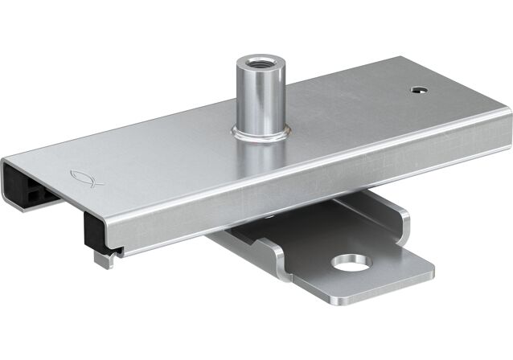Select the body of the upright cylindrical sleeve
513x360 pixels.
[x=260, y=96]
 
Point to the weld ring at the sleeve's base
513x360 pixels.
[x=260, y=133]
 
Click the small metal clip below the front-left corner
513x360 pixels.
[x=103, y=259]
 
